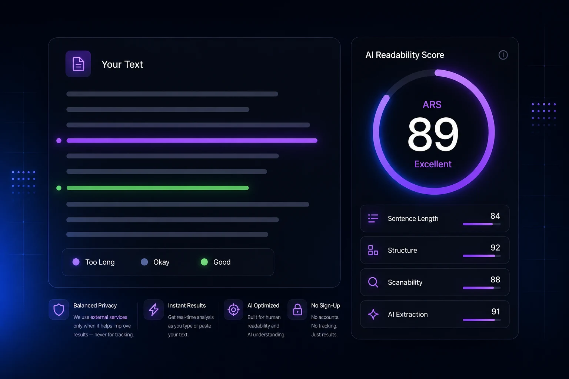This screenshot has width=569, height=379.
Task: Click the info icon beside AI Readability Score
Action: pos(503,55)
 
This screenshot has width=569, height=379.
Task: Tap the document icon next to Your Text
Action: pos(78,64)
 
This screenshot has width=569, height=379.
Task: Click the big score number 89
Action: pos(433,134)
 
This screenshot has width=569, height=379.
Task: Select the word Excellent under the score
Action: pos(433,164)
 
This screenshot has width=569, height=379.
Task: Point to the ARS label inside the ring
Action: pos(432,105)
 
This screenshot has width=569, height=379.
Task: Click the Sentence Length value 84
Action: pos(495,216)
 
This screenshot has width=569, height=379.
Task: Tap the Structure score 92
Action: pos(495,248)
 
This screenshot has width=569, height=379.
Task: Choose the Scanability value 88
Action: pos(495,279)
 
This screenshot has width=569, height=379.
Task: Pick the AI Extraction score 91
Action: pos(496,312)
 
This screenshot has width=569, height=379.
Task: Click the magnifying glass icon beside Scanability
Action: pos(373,282)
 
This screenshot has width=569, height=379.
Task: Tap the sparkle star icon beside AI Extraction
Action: pos(373,314)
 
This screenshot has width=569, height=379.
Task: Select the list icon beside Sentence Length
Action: pos(373,218)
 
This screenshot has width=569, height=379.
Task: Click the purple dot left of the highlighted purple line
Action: pos(59,141)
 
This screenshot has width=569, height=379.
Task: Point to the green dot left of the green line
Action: pos(59,188)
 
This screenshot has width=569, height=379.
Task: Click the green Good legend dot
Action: pos(204,262)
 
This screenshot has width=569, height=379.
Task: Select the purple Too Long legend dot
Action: pos(76,262)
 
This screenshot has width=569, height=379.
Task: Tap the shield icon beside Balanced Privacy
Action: pos(59,310)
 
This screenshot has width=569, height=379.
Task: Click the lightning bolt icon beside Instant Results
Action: pos(153,310)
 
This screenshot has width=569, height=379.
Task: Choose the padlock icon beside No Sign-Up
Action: pos(297,309)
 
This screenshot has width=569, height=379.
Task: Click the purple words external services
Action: pos(109,317)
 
